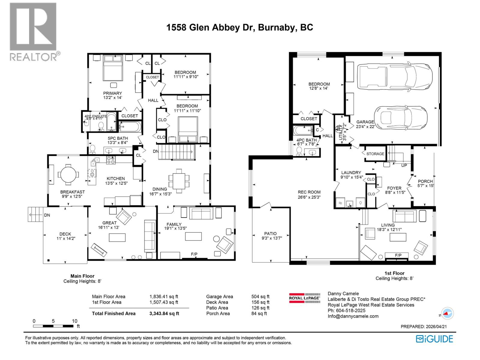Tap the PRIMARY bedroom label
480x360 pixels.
tap(112, 93)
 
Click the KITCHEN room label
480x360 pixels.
tap(115, 178)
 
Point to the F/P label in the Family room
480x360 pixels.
tap(194, 254)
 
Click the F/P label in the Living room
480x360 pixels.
tap(398, 255)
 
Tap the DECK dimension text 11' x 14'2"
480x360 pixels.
tap(66, 239)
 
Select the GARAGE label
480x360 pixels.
tap(365, 122)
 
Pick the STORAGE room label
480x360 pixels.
tap(375, 154)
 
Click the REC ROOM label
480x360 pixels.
tap(309, 192)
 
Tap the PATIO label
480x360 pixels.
tap(270, 233)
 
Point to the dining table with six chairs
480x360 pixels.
tap(179, 181)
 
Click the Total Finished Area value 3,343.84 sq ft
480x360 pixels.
tap(164, 313)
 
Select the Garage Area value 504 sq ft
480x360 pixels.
tap(260, 297)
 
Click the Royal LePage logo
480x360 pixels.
tap(304, 298)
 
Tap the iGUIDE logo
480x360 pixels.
tap(434, 339)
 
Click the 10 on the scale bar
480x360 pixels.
tap(74, 321)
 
